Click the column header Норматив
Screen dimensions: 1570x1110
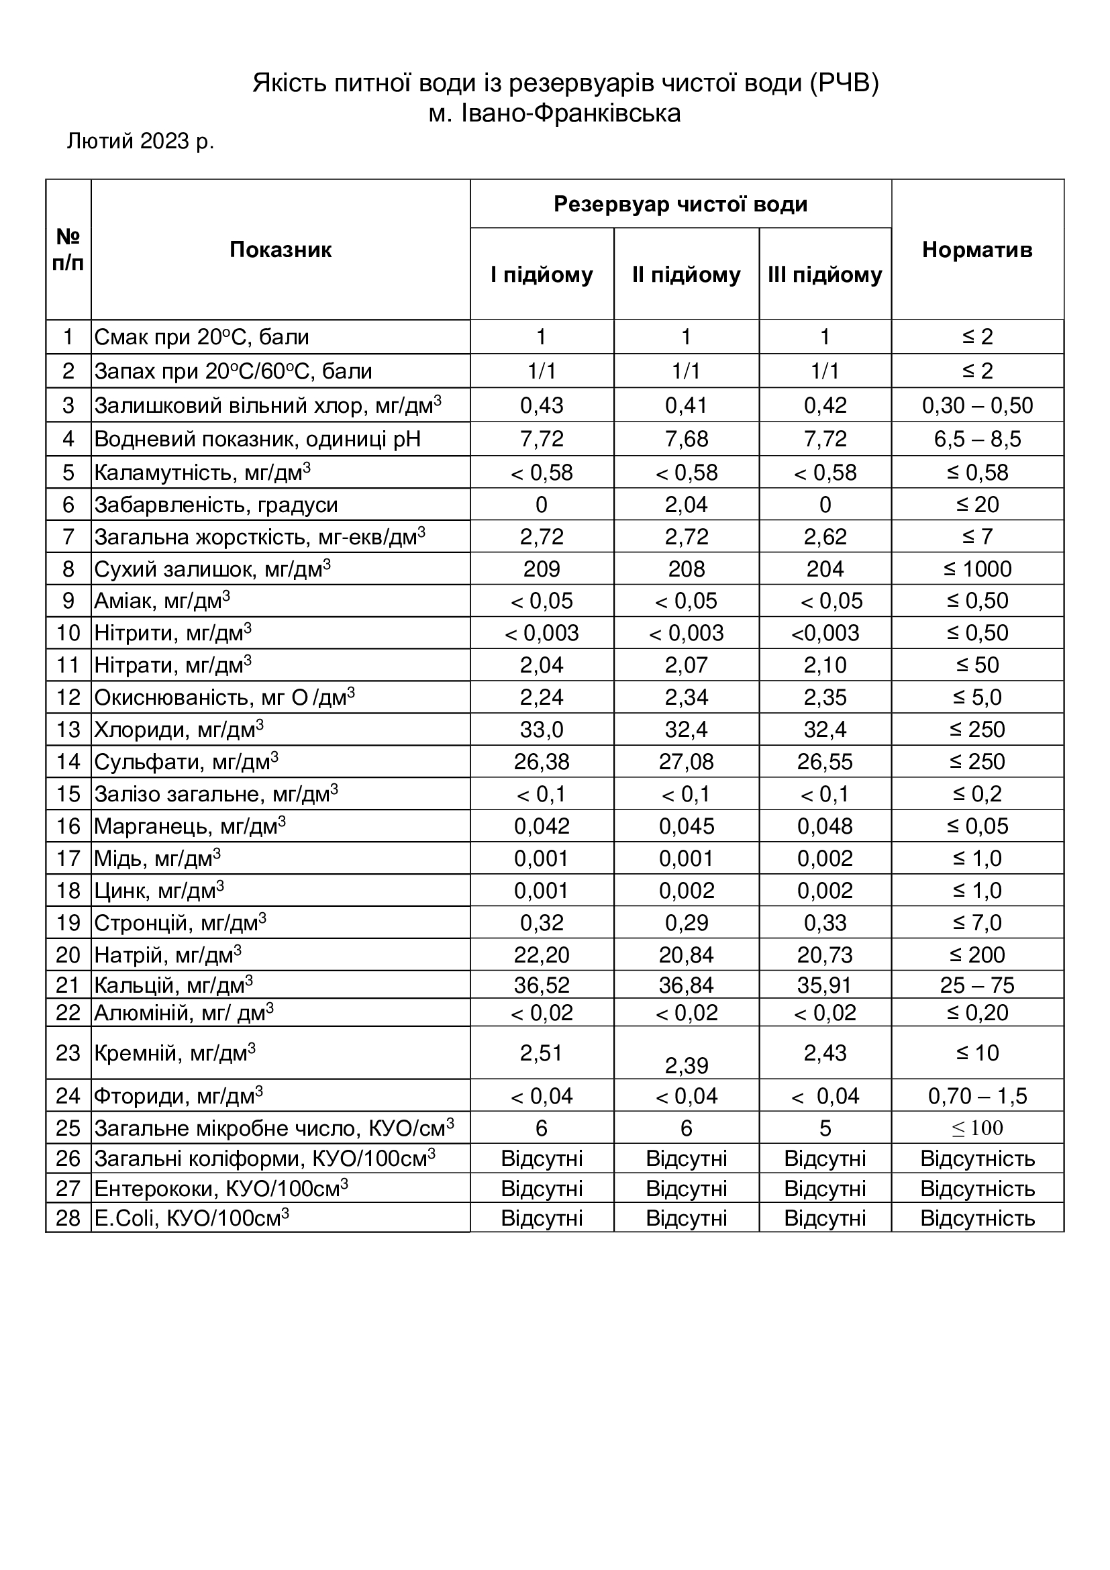976,250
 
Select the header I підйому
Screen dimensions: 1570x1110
542,275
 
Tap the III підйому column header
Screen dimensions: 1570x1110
824,275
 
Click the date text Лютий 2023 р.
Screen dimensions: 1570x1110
140,141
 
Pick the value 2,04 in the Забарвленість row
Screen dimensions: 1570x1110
687,505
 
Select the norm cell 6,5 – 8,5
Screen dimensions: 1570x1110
976,439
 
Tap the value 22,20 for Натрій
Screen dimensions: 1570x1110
542,954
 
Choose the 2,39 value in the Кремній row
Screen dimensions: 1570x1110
687,1065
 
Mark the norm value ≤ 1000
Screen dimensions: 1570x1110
976,569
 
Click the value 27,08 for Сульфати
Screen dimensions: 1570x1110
687,762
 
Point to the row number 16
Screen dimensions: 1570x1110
68,826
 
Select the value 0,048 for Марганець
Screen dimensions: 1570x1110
824,826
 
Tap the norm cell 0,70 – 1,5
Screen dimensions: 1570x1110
976,1096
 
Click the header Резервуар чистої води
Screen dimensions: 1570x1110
680,205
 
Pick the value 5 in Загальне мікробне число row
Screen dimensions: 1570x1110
824,1128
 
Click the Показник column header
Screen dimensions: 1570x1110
281,250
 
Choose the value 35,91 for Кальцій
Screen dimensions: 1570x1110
824,985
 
